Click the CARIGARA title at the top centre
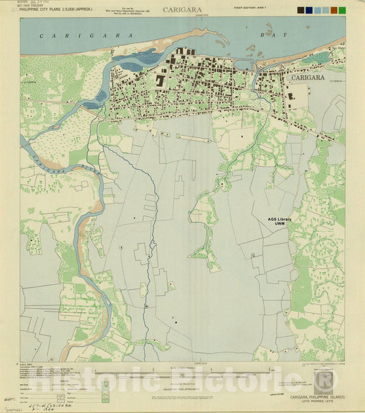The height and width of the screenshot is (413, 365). click(182, 10)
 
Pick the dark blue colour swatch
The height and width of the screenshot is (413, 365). click(310, 10)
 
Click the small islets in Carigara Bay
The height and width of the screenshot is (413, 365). click(271, 34)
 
